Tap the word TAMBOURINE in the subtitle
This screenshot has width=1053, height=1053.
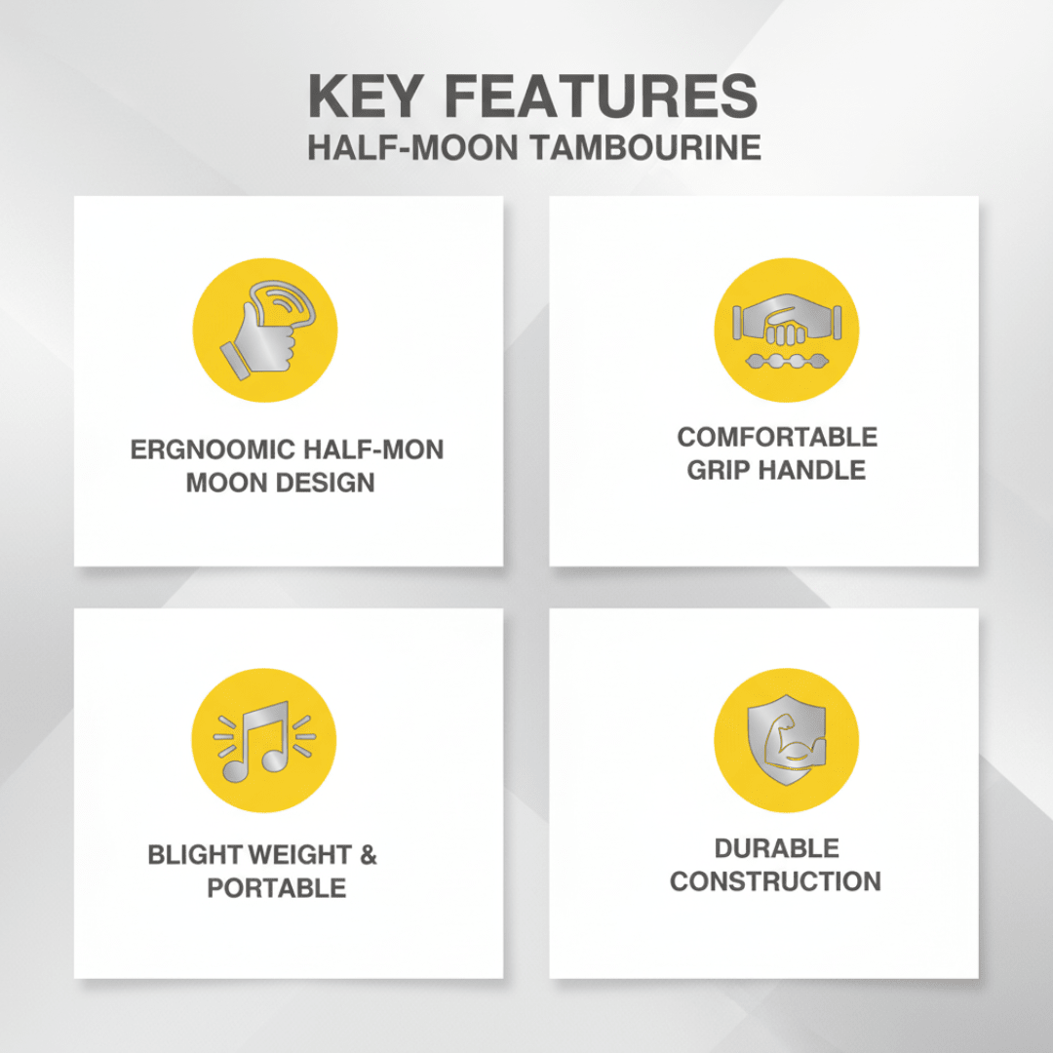(646, 147)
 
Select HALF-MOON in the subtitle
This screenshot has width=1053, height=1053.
(412, 147)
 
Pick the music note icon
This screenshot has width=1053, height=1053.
(264, 741)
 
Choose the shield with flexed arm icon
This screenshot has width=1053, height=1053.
(787, 739)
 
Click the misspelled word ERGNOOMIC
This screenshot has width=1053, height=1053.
(213, 449)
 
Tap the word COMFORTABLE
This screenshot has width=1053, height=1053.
(777, 437)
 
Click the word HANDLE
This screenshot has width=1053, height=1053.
(812, 470)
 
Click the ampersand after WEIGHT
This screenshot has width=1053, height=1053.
(369, 855)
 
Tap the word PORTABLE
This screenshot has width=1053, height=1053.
(277, 888)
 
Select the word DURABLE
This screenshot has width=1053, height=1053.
(776, 848)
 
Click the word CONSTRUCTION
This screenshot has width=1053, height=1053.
(776, 881)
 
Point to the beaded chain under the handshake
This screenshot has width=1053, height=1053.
(787, 362)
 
